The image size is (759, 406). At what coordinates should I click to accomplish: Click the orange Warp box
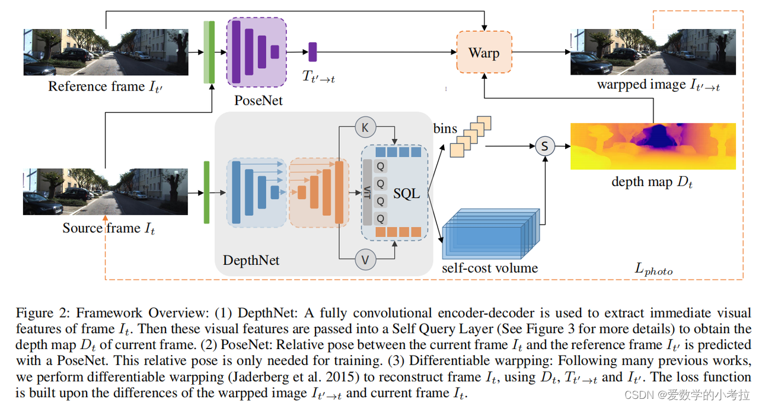(484, 53)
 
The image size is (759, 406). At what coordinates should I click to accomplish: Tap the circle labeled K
(365, 127)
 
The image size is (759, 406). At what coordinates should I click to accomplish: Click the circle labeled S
(544, 145)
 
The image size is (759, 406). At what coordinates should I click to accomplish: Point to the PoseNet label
(258, 100)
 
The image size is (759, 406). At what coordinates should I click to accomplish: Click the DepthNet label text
(251, 260)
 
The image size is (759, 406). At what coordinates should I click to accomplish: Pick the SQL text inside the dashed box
(407, 194)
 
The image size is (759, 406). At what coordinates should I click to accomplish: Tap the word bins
(445, 128)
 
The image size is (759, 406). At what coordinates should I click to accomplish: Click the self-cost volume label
(490, 268)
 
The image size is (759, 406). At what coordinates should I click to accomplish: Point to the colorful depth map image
(653, 146)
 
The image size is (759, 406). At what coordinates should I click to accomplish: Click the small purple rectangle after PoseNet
(312, 52)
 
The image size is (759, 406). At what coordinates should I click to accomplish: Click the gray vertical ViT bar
(368, 193)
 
